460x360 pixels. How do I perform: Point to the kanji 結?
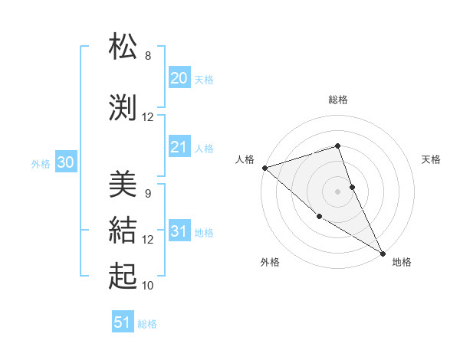123,229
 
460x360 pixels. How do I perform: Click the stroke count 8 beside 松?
148,56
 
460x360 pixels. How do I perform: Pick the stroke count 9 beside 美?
148,193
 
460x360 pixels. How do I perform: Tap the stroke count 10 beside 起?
148,286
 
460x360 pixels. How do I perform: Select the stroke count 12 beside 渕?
148,117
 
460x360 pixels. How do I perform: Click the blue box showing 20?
179,77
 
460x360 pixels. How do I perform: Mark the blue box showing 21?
179,147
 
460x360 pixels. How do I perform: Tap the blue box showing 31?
179,231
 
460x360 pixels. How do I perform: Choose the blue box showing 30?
65,162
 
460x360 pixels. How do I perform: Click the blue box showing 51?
123,322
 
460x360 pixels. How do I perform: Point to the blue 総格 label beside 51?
147,324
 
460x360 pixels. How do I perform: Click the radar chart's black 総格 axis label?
338,100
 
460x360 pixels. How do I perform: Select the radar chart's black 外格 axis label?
270,262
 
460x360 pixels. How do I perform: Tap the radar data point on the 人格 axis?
264,168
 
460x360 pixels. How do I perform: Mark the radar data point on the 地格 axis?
382,252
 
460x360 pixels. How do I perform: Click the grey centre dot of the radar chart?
338,191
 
